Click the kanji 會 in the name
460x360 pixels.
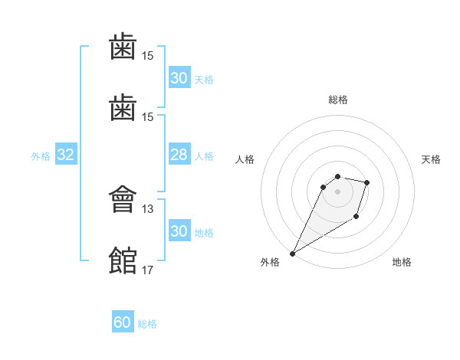point(123,200)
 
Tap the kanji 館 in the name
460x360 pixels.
point(123,260)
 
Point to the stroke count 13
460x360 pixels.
point(148,208)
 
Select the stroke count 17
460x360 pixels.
point(148,270)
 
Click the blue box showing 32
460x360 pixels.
point(66,155)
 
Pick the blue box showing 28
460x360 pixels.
point(179,155)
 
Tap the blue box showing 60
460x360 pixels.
point(123,323)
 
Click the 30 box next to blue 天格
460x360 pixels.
point(179,78)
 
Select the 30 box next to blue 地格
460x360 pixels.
point(179,232)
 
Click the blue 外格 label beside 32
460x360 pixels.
point(41,156)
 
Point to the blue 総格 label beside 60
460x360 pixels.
point(147,324)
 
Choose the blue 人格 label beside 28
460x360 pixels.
point(204,156)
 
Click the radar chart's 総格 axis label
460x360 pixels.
point(338,100)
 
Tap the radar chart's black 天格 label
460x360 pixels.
point(432,159)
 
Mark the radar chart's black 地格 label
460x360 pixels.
point(402,263)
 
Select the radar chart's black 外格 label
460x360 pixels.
point(270,263)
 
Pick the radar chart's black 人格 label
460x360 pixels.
point(245,159)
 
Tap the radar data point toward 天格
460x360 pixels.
point(367,182)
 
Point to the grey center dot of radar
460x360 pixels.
point(338,191)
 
